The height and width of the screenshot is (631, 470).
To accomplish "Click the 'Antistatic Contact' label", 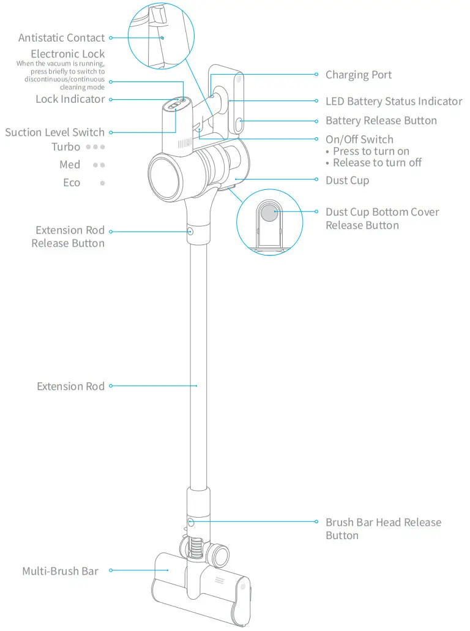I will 61,38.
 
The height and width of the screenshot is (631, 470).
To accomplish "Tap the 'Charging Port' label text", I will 358,75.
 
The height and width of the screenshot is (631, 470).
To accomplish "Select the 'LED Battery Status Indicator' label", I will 394,101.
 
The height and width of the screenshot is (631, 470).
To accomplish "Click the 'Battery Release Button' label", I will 381,121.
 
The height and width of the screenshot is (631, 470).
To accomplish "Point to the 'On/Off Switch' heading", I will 359,140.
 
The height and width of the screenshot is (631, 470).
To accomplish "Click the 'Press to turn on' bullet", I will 371,151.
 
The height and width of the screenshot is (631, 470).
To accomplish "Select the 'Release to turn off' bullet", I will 377,163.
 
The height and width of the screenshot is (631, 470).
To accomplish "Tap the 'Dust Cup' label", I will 347,181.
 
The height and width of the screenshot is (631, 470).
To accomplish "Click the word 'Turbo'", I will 65,147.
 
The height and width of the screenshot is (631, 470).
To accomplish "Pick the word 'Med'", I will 70,165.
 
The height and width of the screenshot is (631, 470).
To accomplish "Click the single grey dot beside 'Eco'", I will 102,183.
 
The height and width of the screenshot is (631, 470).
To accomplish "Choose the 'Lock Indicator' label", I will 70,99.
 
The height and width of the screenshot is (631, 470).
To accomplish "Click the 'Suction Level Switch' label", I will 55,132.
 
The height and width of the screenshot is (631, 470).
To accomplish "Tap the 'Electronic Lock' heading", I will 67,55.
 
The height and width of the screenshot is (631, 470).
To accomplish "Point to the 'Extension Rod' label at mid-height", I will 70,387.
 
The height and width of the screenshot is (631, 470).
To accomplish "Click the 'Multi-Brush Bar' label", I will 60,572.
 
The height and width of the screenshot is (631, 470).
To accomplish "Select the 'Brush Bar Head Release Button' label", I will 383,529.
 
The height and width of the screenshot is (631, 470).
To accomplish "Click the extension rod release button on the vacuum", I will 190,232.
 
